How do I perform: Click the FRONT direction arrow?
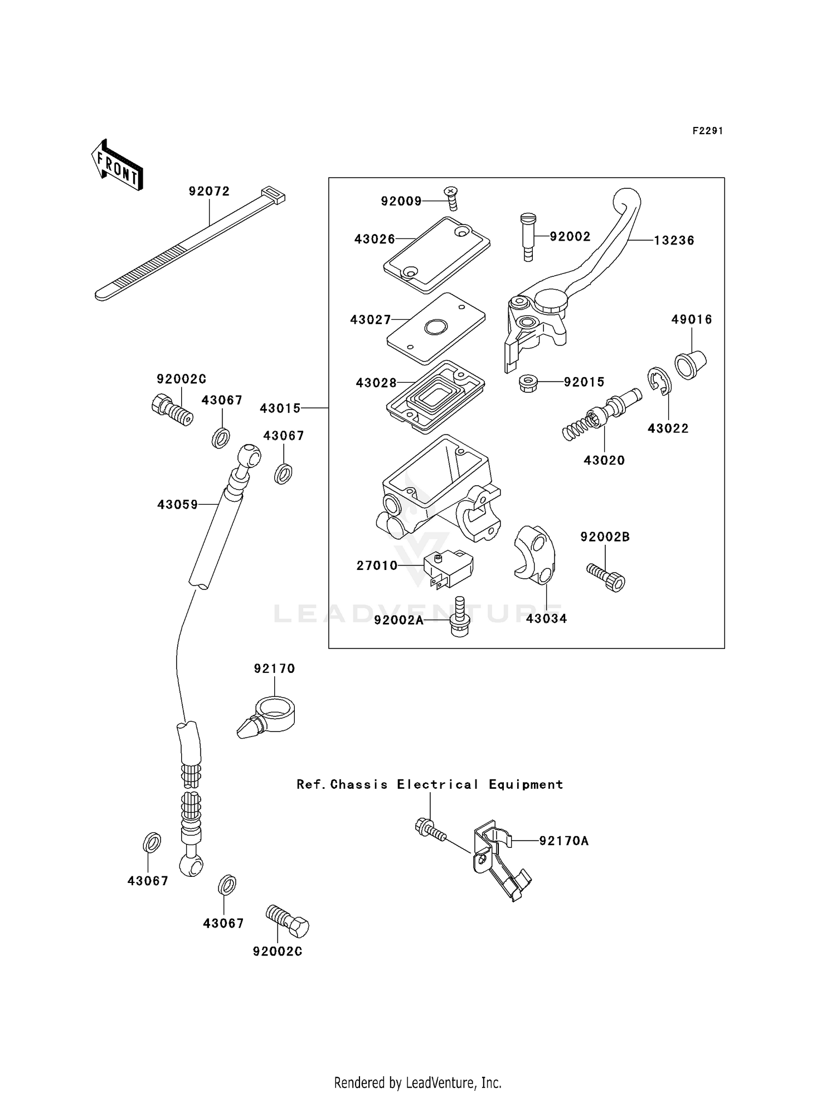[117, 165]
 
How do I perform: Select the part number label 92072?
[209, 192]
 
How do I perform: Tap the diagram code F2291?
[707, 131]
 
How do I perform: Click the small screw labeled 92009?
[451, 198]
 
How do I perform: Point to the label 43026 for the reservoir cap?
[375, 240]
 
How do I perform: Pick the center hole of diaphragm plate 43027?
[436, 328]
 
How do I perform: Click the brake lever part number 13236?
[674, 241]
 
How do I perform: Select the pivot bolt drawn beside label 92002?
[527, 236]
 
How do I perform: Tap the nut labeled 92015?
[527, 383]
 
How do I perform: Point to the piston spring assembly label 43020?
[604, 461]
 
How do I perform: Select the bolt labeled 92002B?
[607, 577]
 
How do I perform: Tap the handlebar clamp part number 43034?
[546, 619]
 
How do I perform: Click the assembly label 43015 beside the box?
[280, 408]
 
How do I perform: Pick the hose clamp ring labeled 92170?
[270, 719]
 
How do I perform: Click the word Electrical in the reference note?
[438, 784]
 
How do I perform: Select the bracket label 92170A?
[563, 841]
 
